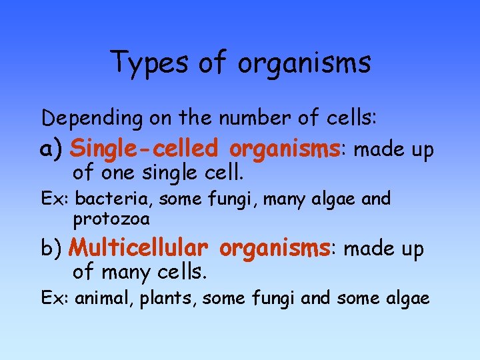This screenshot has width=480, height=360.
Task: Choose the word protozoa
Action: [112, 218]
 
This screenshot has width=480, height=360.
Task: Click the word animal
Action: [104, 298]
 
